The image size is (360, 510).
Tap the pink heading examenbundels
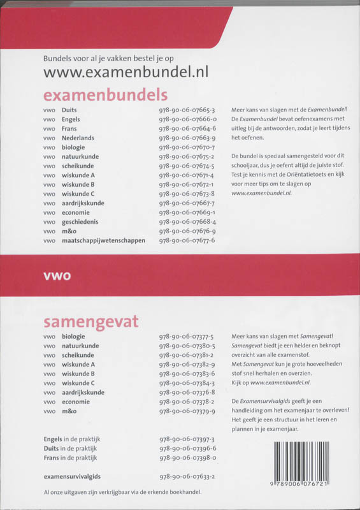click(105, 95)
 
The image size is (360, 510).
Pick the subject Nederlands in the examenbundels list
click(78, 138)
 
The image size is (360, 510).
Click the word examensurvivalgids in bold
click(73, 476)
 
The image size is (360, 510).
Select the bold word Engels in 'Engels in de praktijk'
click(53, 439)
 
